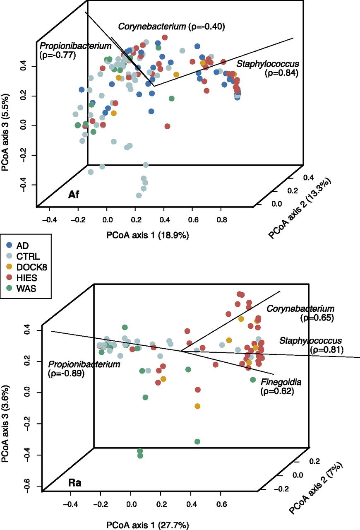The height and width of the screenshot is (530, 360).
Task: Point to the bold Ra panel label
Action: coord(74,483)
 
